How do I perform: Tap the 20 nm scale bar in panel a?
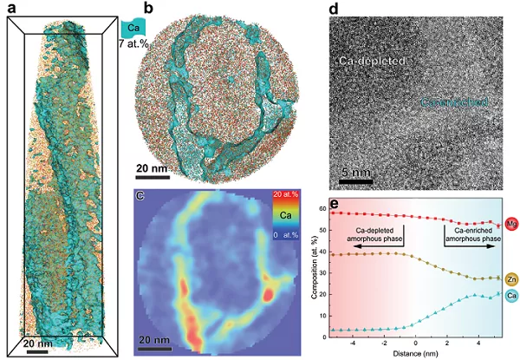36,350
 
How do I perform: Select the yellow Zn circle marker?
510,278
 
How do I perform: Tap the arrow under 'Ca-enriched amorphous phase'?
472,246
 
